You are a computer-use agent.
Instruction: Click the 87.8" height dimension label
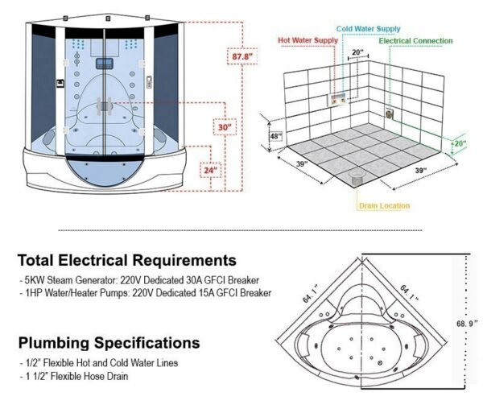pyautogui.click(x=242, y=56)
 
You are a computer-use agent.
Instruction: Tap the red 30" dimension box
pyautogui.click(x=225, y=126)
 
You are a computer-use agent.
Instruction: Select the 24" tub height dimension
pyautogui.click(x=210, y=170)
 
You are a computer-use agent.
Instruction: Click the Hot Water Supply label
pyautogui.click(x=308, y=40)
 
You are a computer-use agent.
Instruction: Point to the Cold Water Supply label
pyautogui.click(x=368, y=29)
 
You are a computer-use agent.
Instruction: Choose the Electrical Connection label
pyautogui.click(x=415, y=41)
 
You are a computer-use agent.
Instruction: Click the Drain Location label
pyautogui.click(x=385, y=206)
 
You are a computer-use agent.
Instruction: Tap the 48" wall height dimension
pyautogui.click(x=275, y=136)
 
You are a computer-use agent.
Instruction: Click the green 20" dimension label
pyautogui.click(x=460, y=143)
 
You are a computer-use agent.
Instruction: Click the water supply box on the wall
pyautogui.click(x=338, y=100)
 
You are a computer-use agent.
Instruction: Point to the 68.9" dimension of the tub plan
pyautogui.click(x=467, y=324)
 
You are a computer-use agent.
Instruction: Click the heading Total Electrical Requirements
pyautogui.click(x=127, y=260)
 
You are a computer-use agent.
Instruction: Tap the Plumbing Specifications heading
pyautogui.click(x=109, y=343)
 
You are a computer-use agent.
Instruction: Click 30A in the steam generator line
pyautogui.click(x=194, y=280)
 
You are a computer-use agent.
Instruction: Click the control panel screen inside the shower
pyautogui.click(x=105, y=64)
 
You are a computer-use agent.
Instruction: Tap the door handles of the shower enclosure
pyautogui.click(x=105, y=106)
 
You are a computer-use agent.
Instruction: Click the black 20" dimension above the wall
pyautogui.click(x=357, y=52)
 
